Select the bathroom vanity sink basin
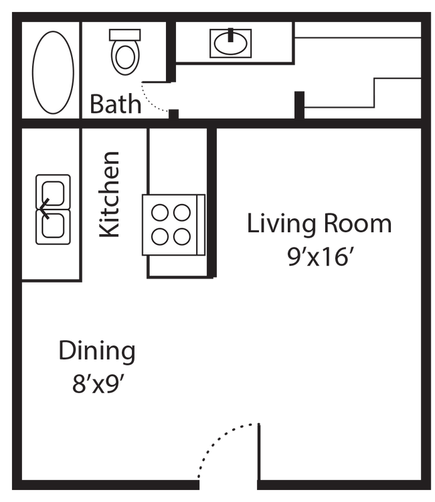pos(232,44)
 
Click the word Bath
pos(116,104)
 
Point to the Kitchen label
pos(110,194)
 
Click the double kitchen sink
pos(54,207)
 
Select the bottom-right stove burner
pos(183,236)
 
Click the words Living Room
pos(319,223)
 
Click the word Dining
pos(97,351)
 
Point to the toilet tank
pos(124,34)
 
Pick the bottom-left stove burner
pos(160,236)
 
